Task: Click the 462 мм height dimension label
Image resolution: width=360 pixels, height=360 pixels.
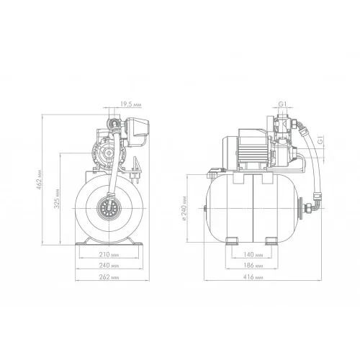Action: pyautogui.click(x=40, y=180)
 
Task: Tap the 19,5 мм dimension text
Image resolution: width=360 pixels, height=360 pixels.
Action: pyautogui.click(x=131, y=104)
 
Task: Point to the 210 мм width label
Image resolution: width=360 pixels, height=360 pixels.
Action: pyautogui.click(x=109, y=254)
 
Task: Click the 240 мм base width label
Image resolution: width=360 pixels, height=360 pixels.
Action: pyautogui.click(x=109, y=266)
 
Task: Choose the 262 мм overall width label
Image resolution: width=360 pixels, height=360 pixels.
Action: pyautogui.click(x=109, y=277)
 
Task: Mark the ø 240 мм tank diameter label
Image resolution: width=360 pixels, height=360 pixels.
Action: pyautogui.click(x=184, y=208)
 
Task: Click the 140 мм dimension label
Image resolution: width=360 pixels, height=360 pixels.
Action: pyautogui.click(x=253, y=254)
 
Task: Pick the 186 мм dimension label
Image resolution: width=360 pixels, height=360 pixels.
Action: pyautogui.click(x=253, y=266)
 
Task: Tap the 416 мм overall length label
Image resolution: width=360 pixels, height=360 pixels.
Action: pyautogui.click(x=253, y=277)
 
